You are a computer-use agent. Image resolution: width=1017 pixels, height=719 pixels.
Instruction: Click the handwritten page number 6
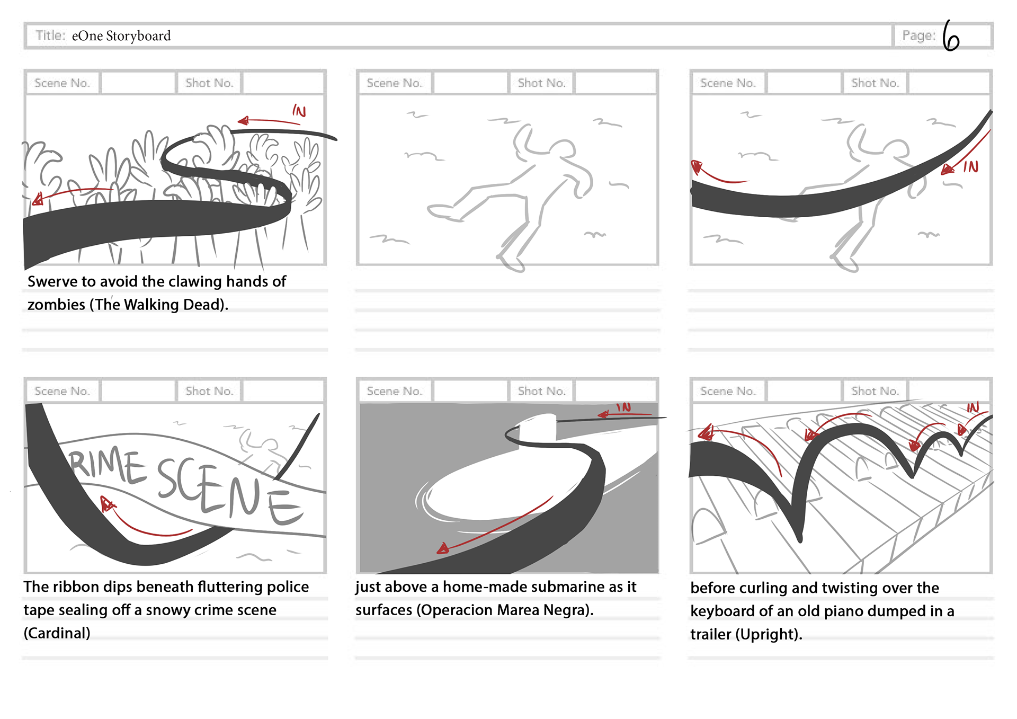pyautogui.click(x=951, y=36)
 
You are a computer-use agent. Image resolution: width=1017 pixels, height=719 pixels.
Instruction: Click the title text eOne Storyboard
pyautogui.click(x=121, y=36)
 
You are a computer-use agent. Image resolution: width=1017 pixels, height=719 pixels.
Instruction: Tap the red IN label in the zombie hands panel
pyautogui.click(x=299, y=111)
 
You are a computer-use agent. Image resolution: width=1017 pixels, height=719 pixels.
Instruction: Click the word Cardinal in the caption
pyautogui.click(x=57, y=633)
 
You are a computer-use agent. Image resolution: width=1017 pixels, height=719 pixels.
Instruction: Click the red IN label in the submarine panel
pyautogui.click(x=623, y=407)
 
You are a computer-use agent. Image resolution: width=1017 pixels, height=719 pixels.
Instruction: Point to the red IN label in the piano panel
pyautogui.click(x=973, y=407)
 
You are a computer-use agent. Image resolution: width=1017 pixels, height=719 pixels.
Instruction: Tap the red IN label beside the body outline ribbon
pyautogui.click(x=970, y=167)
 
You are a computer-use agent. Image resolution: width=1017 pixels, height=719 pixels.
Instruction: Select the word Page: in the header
pyautogui.click(x=919, y=35)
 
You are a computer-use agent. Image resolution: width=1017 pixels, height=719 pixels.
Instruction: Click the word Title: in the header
pyautogui.click(x=50, y=35)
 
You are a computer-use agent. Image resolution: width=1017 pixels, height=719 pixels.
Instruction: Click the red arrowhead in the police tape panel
pyautogui.click(x=108, y=504)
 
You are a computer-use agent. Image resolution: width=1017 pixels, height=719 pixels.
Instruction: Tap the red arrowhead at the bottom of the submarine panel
pyautogui.click(x=443, y=548)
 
